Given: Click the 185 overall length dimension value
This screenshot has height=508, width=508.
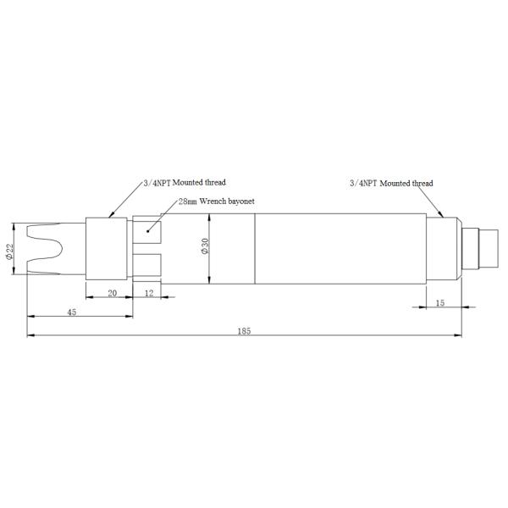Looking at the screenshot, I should pos(245,330).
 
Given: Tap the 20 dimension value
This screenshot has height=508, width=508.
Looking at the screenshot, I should pos(112,292).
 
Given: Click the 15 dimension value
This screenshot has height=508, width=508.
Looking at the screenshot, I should pos(439,302).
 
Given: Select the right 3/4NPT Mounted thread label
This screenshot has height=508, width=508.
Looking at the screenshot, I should pos(391,183).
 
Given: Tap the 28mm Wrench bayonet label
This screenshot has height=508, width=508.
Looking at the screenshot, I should pos(216,202).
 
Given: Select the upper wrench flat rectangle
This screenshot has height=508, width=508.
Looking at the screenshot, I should pos(149,229).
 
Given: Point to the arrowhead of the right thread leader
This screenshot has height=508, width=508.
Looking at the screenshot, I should pos(443,218).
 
